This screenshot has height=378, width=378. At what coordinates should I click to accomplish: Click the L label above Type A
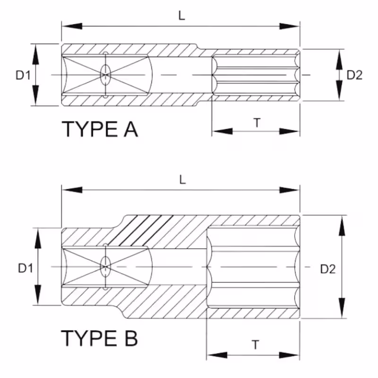(181, 15)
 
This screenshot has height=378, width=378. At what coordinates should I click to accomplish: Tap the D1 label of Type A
(23, 75)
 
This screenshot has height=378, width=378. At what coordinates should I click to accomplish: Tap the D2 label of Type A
(354, 75)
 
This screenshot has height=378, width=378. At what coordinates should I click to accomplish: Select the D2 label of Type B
(327, 269)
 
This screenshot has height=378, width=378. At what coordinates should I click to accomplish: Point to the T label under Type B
(255, 345)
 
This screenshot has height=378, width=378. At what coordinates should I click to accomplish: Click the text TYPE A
(100, 129)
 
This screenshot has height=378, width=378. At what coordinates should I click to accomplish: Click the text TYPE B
(100, 338)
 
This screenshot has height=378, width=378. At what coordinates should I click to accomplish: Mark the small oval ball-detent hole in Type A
(105, 74)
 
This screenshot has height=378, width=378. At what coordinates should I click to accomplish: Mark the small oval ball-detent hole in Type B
(104, 267)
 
